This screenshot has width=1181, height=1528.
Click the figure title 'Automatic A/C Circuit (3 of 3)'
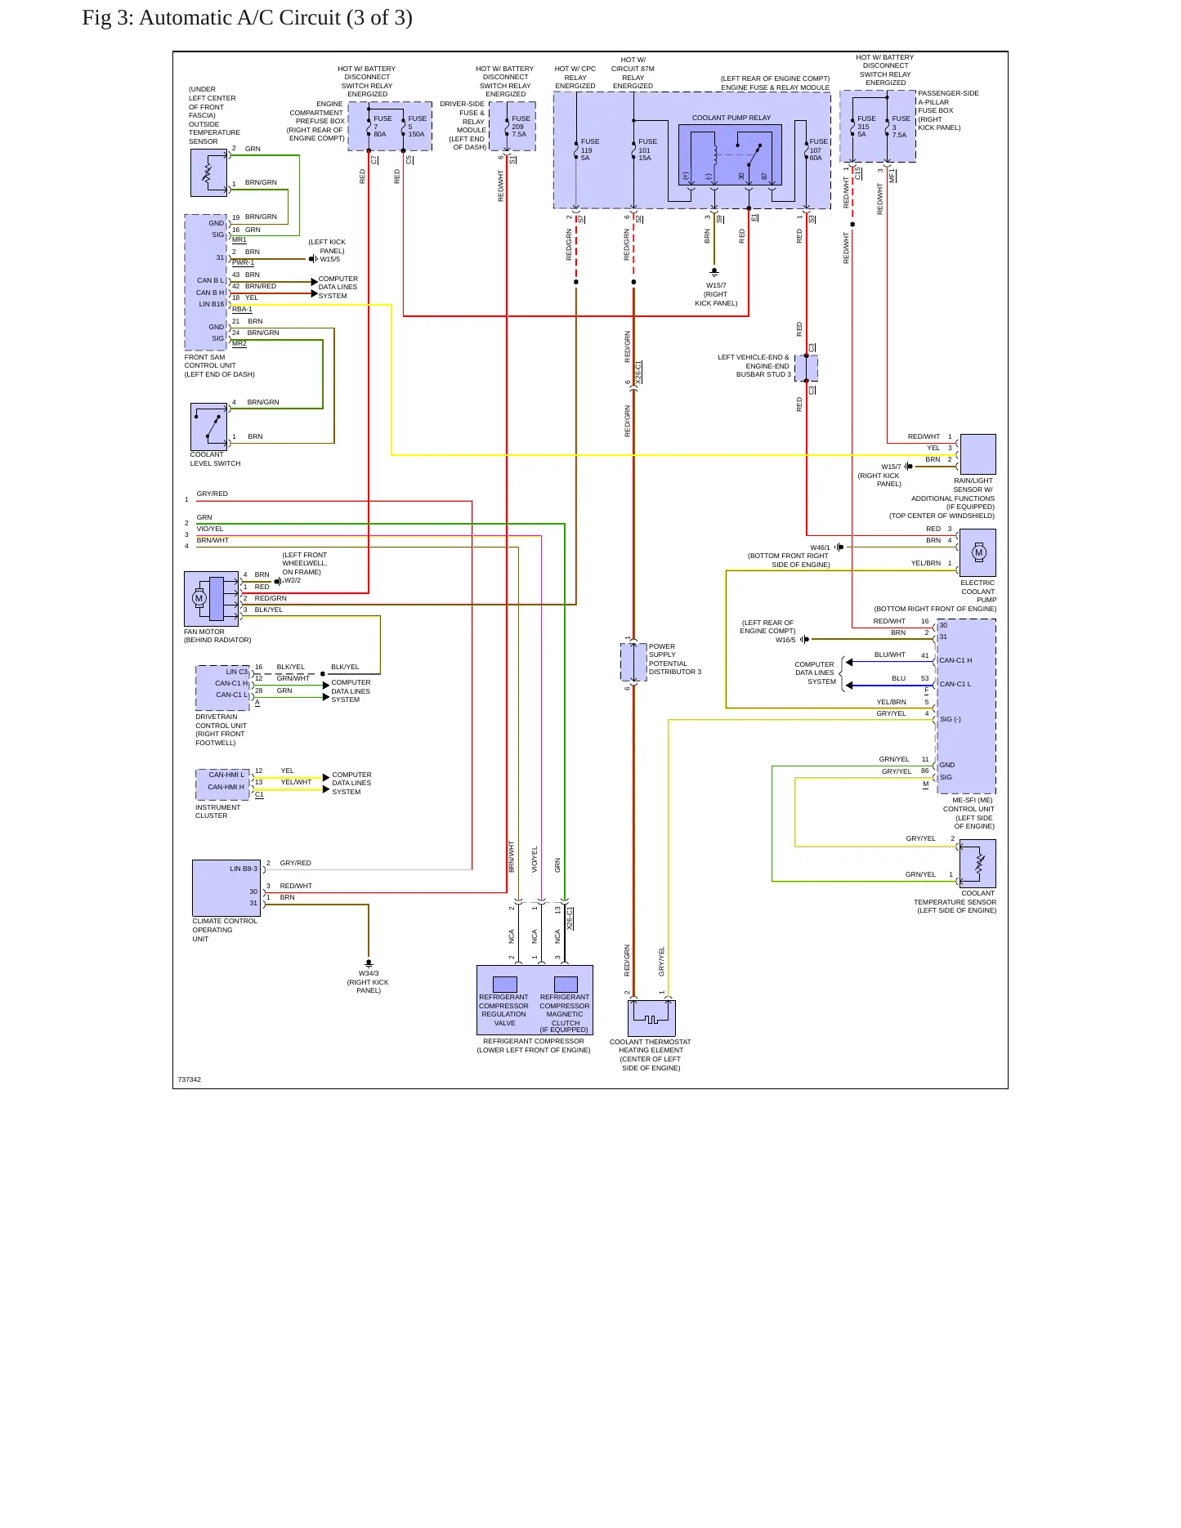pos(275,18)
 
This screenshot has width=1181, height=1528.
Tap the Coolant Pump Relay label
pos(731,118)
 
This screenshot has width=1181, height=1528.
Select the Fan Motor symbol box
pos(211,599)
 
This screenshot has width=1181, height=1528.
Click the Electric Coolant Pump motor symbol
pos(977,552)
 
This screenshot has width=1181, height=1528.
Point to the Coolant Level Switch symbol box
pos(208,427)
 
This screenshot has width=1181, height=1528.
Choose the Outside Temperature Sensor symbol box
pos(208,173)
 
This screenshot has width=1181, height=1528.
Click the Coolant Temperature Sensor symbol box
pos(977,864)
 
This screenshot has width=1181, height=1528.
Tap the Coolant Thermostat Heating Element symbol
pos(651,1018)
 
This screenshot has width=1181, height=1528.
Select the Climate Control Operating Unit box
pos(226,888)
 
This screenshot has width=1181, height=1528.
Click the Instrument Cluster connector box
pos(222,784)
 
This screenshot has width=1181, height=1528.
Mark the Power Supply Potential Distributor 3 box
pos(633,662)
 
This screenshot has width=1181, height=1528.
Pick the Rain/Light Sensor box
pos(977,454)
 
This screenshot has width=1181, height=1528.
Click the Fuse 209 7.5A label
pos(521,127)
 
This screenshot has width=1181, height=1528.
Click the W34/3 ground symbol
pos(369,964)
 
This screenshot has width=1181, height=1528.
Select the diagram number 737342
pos(190,1079)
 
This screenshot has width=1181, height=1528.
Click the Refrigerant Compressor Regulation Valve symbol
pos(505,985)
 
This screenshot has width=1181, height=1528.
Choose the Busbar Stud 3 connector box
pos(806,369)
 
